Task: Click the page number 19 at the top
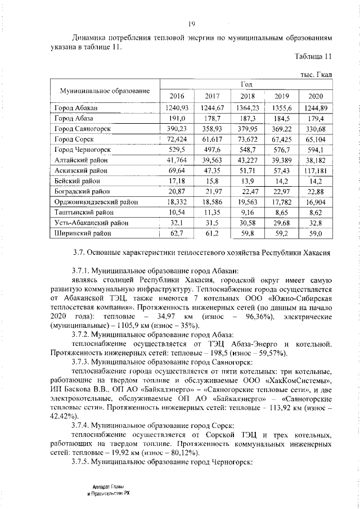(x=192, y=22)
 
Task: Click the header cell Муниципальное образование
(x=102, y=90)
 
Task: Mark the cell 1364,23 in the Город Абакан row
(x=248, y=108)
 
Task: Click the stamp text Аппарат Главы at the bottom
(x=109, y=487)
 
